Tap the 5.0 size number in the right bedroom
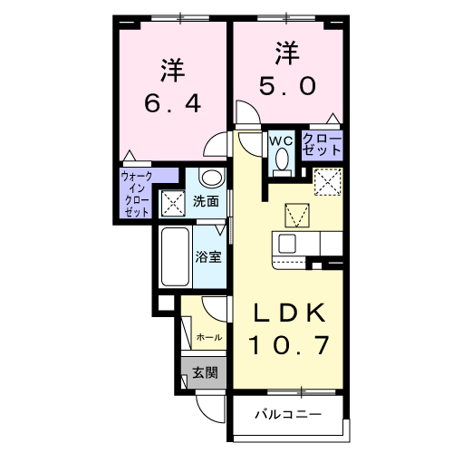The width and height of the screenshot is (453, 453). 289,86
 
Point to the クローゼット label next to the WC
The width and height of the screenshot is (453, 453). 323,146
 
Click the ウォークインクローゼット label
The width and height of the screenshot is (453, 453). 136,193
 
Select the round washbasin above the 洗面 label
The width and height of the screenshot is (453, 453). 210,178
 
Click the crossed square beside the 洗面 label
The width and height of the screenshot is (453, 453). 172,201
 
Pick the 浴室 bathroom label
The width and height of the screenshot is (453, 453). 209,256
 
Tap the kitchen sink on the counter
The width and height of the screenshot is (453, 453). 286,244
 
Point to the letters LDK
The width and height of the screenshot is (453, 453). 289,313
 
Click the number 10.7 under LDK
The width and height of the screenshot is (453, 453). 289,345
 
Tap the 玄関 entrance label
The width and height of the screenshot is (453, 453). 205,371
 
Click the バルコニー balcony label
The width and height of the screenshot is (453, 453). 287,418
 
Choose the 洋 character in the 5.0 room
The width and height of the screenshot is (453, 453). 289,53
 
